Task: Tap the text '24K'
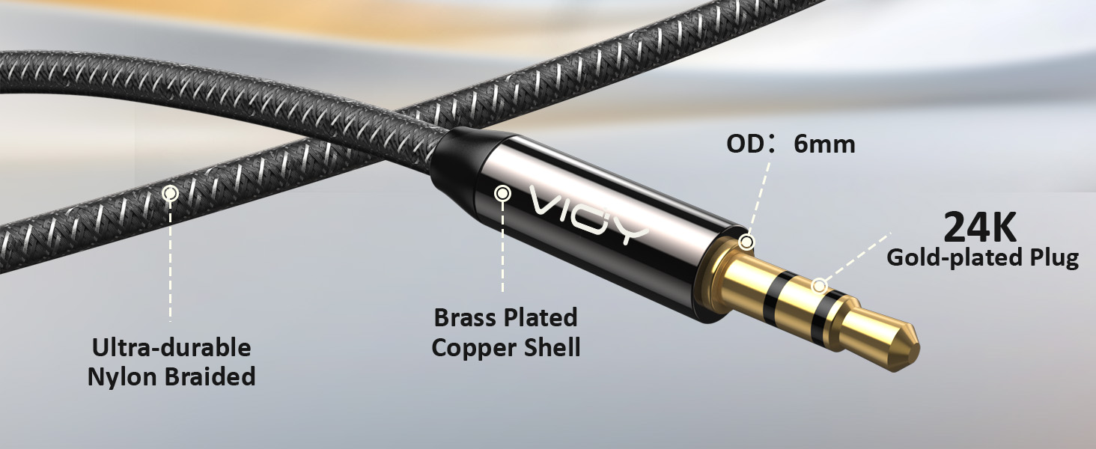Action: [979, 228]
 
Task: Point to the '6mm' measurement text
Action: [824, 144]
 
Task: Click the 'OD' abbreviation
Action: [745, 144]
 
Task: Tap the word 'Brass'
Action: [466, 317]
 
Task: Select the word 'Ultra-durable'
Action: [171, 347]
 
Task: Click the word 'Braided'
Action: [210, 376]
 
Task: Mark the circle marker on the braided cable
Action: [170, 194]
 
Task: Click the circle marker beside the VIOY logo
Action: [502, 194]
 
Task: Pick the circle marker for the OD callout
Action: [746, 242]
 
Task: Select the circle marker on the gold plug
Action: [819, 286]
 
